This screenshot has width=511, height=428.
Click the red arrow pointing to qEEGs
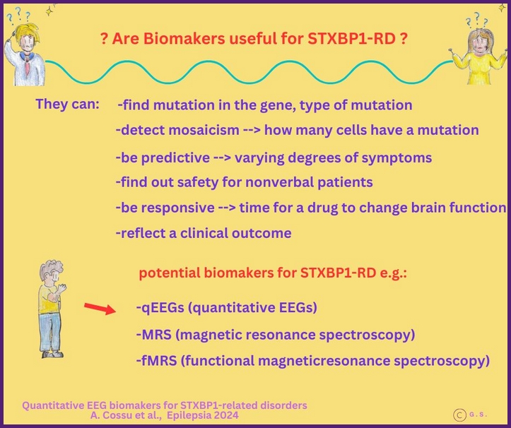pos(99,308)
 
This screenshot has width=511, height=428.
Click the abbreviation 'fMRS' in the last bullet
pos(156,360)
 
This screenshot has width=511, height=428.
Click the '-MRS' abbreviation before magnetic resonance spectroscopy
pos(152,333)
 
